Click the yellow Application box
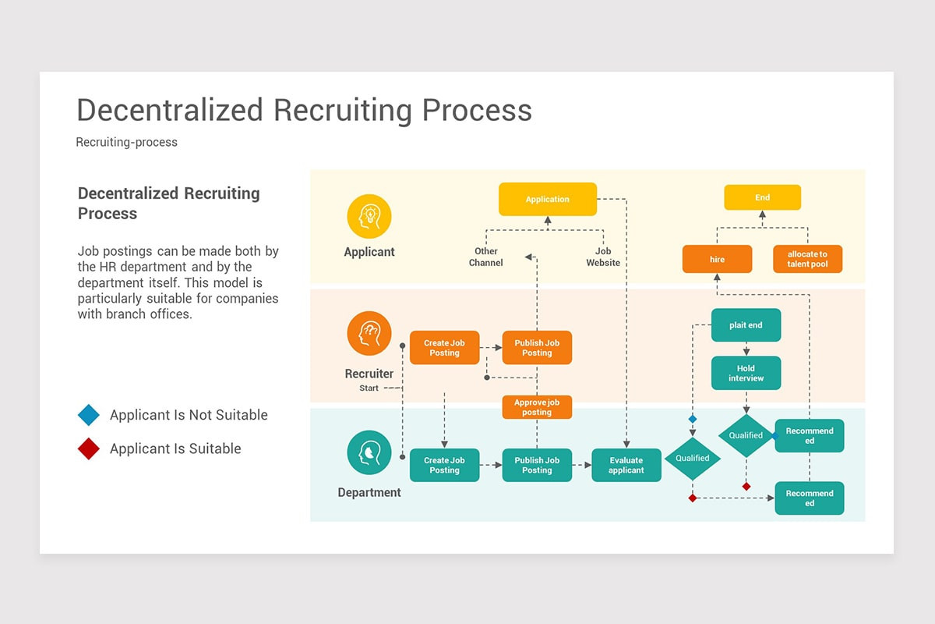pos(547,199)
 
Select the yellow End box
pos(762,197)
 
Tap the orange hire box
pos(717,259)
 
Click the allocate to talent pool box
pos(807,259)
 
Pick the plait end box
pos(746,325)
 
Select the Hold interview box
pos(746,373)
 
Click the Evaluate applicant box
pos(626,465)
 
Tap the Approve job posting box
pos(537,407)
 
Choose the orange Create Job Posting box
pos(444,348)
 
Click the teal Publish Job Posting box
pos(537,465)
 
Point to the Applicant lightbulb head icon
pos(369,216)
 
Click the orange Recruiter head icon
pos(369,334)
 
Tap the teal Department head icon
pos(369,452)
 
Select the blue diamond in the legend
pos(89,415)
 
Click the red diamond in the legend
pos(89,448)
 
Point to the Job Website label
pos(603,257)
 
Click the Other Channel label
pos(485,257)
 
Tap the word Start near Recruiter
pos(369,388)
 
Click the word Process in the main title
pos(477,110)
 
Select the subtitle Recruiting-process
pos(126,142)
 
